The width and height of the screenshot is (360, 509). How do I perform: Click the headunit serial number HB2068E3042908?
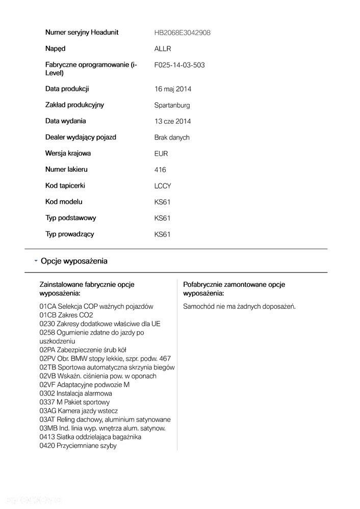point(182,33)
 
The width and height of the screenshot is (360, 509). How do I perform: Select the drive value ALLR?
point(163,49)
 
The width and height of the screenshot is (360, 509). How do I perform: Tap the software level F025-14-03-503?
point(179,65)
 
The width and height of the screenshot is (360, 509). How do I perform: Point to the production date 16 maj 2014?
point(172,89)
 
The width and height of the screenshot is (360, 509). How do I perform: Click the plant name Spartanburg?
point(172,105)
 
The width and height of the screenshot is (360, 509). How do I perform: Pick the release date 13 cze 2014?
point(172,121)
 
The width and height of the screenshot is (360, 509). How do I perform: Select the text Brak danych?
point(172,138)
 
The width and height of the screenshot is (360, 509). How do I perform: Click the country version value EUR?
point(161,154)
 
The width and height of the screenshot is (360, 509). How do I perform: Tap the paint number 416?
point(160,170)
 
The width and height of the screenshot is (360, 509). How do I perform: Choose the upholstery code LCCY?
point(163,186)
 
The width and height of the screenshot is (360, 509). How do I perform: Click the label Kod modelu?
point(64,202)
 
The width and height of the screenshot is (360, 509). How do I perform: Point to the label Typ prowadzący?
point(69,234)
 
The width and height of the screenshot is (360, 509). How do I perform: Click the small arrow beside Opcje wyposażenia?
point(36,261)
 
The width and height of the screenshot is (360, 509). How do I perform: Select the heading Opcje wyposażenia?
point(74,261)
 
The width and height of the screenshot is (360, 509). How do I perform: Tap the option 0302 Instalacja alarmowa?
point(75,393)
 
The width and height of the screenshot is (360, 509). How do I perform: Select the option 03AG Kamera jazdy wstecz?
point(79,411)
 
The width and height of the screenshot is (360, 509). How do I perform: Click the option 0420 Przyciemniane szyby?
point(78,445)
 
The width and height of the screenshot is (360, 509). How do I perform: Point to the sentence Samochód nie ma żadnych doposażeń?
point(239,306)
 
